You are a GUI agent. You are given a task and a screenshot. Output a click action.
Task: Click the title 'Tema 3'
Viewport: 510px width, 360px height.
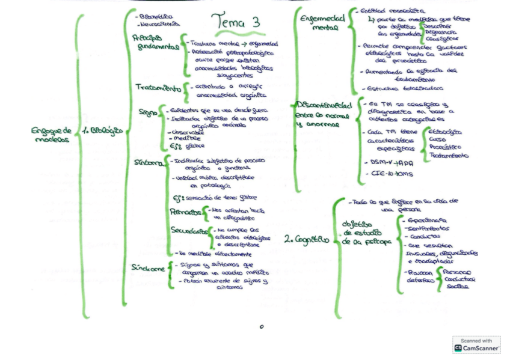point(239,22)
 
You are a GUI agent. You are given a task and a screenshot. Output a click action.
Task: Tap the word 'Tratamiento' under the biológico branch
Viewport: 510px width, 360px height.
point(158,88)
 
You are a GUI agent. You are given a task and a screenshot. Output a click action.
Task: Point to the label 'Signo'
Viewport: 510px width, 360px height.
point(147,112)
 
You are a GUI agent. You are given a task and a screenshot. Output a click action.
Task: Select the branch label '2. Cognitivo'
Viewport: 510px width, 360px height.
point(307,240)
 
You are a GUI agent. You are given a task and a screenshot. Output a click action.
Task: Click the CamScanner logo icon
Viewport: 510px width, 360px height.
point(458,348)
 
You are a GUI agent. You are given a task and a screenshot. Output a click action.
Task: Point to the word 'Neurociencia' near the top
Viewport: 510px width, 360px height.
point(159,25)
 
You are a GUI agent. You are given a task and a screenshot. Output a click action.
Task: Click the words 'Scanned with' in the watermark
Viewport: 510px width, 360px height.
point(476,340)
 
